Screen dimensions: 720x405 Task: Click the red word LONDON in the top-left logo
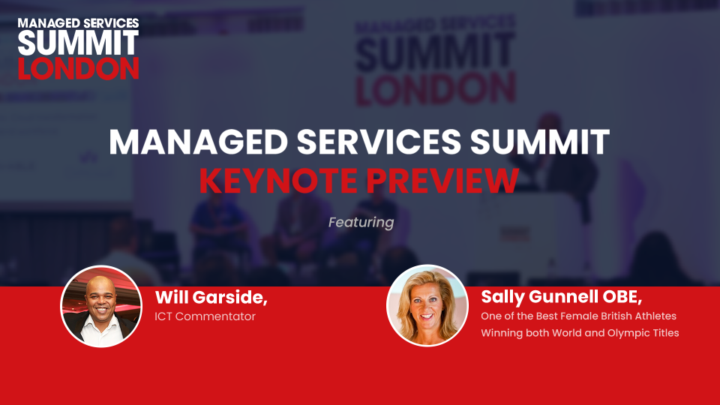(78, 68)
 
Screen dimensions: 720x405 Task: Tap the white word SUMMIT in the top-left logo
(78, 43)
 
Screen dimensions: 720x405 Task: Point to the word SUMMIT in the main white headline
(540, 142)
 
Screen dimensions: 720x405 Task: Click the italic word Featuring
(361, 223)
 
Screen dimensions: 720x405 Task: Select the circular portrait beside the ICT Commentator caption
(101, 306)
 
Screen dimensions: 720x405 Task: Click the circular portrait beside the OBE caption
(427, 305)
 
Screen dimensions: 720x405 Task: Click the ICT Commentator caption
(205, 316)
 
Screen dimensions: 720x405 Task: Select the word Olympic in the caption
(623, 333)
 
